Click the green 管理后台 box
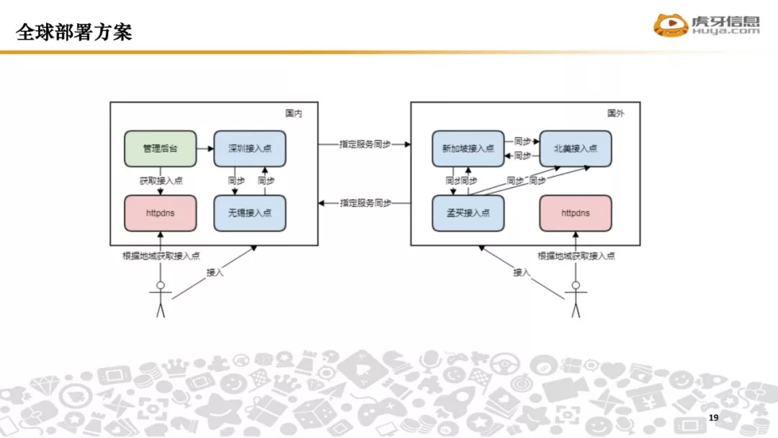(160, 148)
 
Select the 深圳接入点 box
(249, 148)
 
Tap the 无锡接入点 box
(249, 213)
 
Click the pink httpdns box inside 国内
(160, 213)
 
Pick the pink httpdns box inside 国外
(575, 213)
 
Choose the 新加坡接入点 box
(468, 148)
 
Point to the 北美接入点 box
(575, 148)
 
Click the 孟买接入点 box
(468, 213)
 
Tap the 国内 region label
(293, 113)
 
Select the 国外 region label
(615, 113)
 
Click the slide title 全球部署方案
(74, 32)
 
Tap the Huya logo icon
(670, 26)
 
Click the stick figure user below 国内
(161, 298)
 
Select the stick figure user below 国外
(575, 298)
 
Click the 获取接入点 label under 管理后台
(161, 181)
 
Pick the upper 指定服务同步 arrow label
(365, 144)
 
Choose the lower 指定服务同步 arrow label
(365, 204)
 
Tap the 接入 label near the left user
(215, 272)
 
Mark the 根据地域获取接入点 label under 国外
(576, 256)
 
